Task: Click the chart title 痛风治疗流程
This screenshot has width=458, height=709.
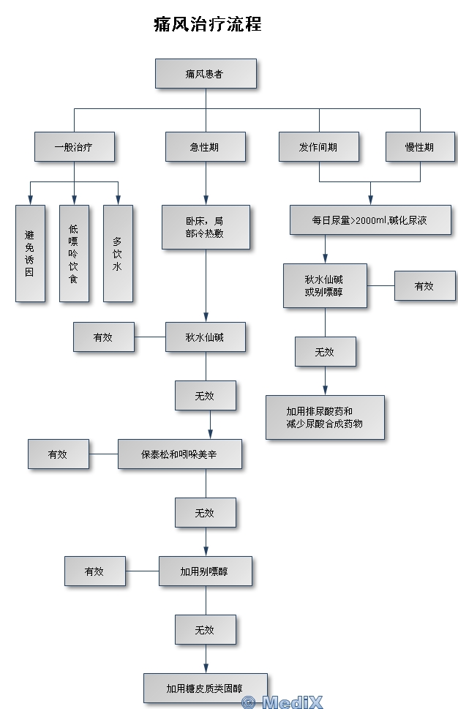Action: pos(208,24)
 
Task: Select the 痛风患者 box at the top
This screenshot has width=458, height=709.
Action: pos(206,73)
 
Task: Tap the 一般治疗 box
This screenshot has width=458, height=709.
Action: pos(75,146)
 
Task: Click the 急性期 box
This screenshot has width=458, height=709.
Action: pos(206,146)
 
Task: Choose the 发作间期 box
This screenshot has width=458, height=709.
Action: pos(319,146)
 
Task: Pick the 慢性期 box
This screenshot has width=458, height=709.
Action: pos(420,146)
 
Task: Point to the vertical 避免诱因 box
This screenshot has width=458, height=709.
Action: pos(30,253)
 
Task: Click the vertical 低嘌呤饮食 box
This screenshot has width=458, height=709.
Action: pos(74,253)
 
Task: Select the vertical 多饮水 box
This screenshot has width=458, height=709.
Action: pos(118,253)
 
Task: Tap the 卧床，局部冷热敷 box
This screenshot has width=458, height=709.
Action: pos(206,227)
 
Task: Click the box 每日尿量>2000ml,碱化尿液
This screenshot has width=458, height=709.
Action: pos(370,220)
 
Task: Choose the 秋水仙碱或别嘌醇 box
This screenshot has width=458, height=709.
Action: pos(325,286)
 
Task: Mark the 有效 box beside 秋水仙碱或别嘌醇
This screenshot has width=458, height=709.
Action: pos(424,286)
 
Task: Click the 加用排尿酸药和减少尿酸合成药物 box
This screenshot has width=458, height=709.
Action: pos(325,417)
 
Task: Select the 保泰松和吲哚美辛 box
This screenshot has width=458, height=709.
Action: pos(179,454)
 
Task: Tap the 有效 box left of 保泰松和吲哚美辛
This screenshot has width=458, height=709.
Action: pos(59,454)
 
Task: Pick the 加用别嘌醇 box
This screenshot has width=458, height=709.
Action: pos(206,571)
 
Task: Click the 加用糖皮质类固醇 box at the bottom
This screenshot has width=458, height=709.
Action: pos(206,689)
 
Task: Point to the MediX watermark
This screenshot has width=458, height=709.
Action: pos(282,702)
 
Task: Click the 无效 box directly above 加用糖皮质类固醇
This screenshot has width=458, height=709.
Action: pos(206,629)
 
